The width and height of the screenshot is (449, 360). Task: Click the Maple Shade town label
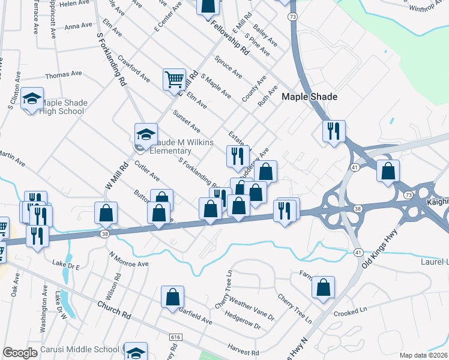coord(309,97)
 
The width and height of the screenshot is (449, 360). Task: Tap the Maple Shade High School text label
coord(62,107)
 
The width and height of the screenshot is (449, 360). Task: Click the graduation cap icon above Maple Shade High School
coord(32,99)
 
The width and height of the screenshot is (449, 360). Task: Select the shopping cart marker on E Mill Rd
coord(174,79)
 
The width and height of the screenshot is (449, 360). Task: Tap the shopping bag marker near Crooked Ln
coord(323,288)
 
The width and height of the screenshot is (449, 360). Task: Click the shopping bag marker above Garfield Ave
coord(172,296)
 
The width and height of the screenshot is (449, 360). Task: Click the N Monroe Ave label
coord(128,259)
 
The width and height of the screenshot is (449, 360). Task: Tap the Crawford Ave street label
coord(134,69)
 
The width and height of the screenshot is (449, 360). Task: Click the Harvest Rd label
coord(243,349)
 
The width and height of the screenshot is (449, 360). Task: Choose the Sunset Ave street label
coord(186,121)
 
